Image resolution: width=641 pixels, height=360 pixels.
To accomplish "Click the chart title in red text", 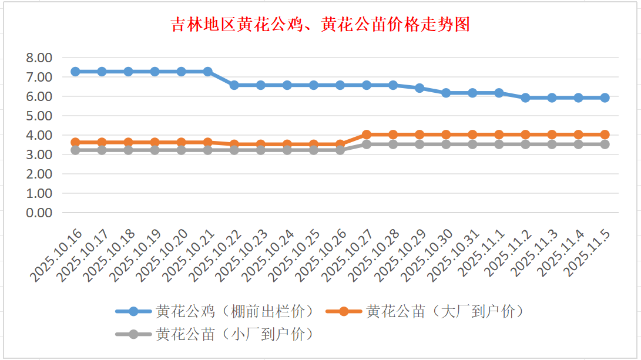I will (320, 25).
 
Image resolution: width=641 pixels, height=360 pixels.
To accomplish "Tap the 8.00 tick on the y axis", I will (39, 58).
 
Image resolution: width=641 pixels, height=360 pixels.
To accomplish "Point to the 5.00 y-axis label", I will (39, 116).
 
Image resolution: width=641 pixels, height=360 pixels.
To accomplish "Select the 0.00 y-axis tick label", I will (39, 213).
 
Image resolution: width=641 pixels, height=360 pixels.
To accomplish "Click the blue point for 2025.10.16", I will (75, 72).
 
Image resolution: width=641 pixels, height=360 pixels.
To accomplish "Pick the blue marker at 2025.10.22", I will (234, 85).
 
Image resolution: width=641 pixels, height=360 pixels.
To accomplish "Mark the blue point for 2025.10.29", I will (419, 88).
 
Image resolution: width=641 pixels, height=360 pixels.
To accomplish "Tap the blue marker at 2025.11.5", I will (605, 97).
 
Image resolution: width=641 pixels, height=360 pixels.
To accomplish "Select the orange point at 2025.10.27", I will (367, 134).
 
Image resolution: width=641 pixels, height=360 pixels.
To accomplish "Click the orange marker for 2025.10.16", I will (75, 142).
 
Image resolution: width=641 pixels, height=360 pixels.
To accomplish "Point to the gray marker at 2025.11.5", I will (605, 144).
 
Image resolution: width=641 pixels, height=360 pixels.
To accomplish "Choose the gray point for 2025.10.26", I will (340, 150).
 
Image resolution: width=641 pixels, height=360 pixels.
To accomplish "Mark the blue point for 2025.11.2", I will (525, 97).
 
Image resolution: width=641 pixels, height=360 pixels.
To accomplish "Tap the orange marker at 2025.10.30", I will (446, 134).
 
